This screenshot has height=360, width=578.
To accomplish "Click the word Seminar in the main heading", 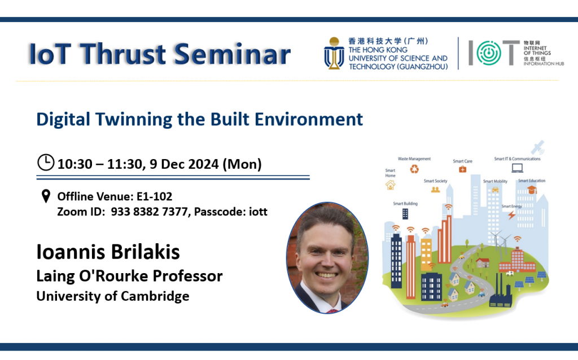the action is [x=232, y=54].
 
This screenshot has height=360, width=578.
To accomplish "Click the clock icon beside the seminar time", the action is [x=46, y=162].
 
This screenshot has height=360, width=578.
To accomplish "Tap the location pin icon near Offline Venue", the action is [x=46, y=196].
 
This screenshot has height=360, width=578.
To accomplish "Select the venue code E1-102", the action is [x=155, y=196].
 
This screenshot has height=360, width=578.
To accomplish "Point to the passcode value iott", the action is [x=258, y=212].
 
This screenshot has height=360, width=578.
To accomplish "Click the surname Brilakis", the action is [x=145, y=252].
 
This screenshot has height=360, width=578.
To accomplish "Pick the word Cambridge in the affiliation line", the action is [x=155, y=297].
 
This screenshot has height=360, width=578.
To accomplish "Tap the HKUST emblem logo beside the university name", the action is [x=334, y=53].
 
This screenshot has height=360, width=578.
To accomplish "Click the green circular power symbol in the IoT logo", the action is [x=489, y=53].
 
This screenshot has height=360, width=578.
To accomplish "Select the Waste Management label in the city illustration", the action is [x=414, y=159].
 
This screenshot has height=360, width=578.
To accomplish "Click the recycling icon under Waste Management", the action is [x=414, y=169].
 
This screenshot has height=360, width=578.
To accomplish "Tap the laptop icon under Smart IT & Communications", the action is [x=517, y=168].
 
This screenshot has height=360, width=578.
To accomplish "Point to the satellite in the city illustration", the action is [x=537, y=147].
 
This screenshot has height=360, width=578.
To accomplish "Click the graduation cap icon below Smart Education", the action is [x=532, y=190].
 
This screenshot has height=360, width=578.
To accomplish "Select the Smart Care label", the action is [x=462, y=161].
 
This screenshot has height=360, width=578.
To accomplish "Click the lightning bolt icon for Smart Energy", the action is [x=511, y=215].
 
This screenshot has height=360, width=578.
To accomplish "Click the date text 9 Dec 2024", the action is [x=184, y=164].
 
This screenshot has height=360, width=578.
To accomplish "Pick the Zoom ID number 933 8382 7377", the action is [x=149, y=212].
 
